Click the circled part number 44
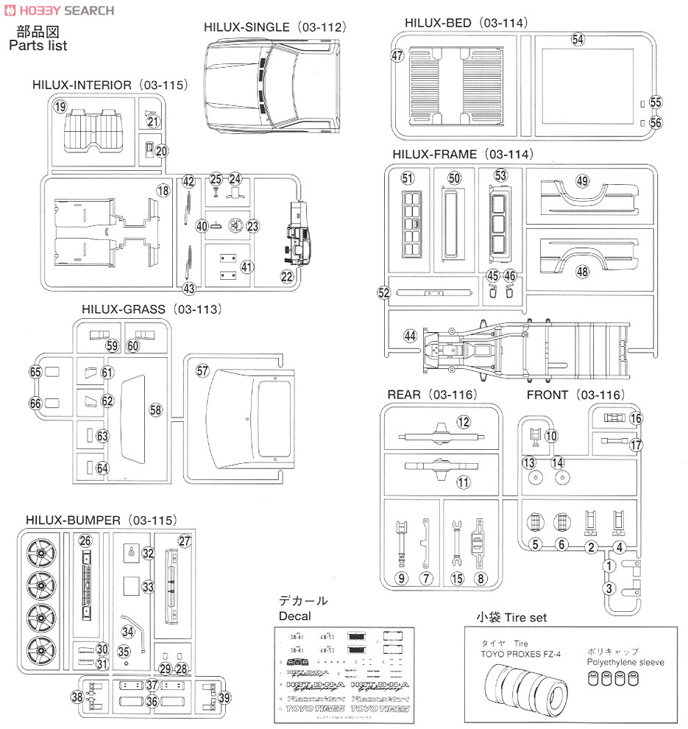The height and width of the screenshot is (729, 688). pos(411,336)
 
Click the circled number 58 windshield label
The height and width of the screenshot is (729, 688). pos(155,409)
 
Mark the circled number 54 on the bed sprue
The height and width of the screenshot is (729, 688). pos(578,40)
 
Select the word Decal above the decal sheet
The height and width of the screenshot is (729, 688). pos(294,616)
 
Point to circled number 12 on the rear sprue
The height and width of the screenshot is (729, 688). pos(463,422)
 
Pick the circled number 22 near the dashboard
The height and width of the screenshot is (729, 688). pos(287,276)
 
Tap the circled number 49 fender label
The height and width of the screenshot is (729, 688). pos(583,181)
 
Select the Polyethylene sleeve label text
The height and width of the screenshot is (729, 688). pos(625,662)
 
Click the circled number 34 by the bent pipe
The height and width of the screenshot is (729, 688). pos(129,631)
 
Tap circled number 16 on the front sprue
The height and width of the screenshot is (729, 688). pos(636,418)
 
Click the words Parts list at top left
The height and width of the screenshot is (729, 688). pos(38,46)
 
